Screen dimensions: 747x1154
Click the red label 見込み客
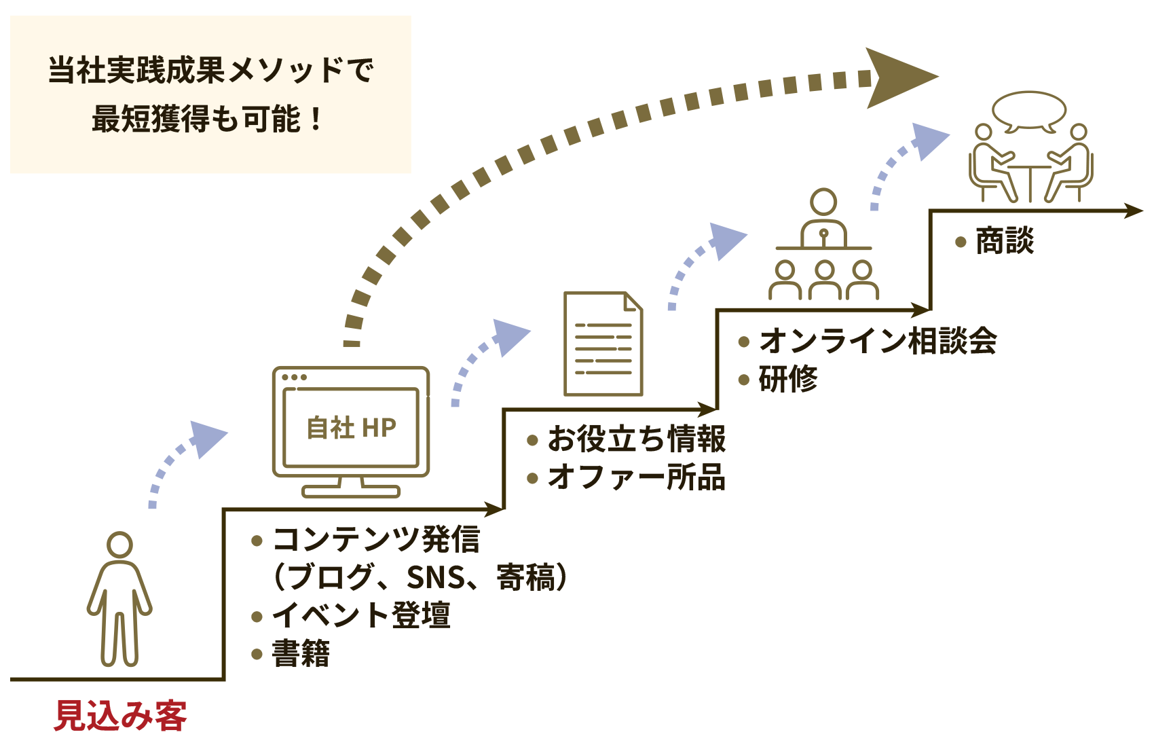point(120,716)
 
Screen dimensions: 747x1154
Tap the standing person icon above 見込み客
point(119,598)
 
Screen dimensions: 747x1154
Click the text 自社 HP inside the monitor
point(351,428)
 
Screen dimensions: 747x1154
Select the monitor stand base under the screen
point(351,491)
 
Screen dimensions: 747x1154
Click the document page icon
point(603,344)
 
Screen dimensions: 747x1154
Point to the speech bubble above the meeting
point(1028,110)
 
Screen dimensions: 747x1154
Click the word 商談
point(1005,241)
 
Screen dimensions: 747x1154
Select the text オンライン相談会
point(878,340)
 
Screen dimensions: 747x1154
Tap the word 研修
point(788,379)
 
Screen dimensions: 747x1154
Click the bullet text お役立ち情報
point(636,439)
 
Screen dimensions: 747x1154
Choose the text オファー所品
point(636,477)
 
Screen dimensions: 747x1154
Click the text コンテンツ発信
point(376,540)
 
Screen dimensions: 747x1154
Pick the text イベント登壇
point(361,615)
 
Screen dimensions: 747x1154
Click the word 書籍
point(301,653)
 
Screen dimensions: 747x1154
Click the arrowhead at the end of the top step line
point(1134,211)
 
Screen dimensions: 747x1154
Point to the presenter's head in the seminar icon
point(823,202)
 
